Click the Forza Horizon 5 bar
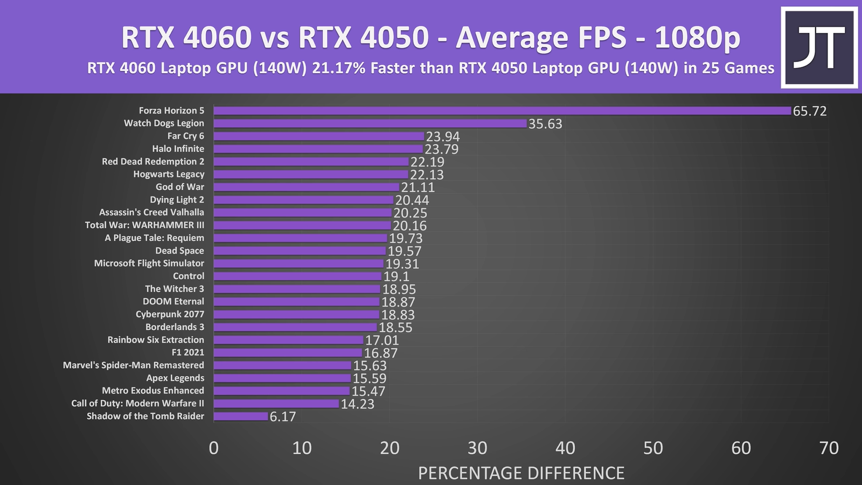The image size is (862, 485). click(502, 111)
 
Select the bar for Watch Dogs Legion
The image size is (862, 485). click(370, 123)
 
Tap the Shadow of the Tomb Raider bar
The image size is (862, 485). click(241, 417)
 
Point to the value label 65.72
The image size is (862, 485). click(809, 111)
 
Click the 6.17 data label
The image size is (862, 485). click(283, 417)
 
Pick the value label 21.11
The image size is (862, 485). click(418, 188)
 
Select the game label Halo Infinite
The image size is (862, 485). click(178, 149)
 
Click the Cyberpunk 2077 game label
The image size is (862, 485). click(170, 314)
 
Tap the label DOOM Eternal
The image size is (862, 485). click(173, 302)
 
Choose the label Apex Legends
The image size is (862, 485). click(175, 378)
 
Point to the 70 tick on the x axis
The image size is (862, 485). click(829, 448)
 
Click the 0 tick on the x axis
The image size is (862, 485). click(214, 448)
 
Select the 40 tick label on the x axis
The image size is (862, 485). click(565, 448)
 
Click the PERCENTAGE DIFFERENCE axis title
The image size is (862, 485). click(521, 473)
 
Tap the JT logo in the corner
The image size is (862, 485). click(819, 47)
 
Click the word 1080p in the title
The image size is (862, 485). click(697, 38)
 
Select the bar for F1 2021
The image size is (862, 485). click(288, 353)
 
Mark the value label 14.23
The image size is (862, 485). click(357, 404)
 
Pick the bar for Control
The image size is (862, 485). click(297, 276)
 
